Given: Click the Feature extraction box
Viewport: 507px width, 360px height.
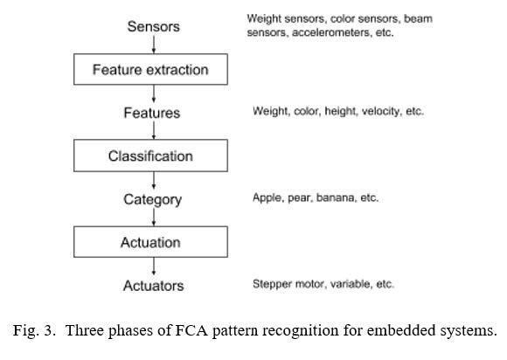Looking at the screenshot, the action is point(150,70).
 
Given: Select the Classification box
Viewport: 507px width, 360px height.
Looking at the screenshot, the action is point(150,156).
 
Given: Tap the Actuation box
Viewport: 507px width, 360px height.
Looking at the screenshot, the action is point(150,242).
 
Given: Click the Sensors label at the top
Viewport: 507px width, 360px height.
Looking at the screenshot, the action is point(153,26).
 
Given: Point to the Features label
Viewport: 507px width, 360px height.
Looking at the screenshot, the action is point(152,113).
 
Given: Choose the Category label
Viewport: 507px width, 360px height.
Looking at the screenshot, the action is point(153,200).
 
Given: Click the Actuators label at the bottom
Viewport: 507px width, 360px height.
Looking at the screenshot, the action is point(154,286).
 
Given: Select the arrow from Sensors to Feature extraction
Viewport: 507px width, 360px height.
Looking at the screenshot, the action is point(154,45).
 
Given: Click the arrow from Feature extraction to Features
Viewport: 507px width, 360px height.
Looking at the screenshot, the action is point(154,93).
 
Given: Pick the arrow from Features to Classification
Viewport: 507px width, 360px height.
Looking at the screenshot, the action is point(154,130).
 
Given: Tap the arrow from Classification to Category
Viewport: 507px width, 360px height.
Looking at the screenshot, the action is point(154,180).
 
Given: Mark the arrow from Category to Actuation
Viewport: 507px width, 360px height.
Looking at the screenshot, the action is point(154,218).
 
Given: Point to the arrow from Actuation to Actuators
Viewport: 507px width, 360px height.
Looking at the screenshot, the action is point(154,267).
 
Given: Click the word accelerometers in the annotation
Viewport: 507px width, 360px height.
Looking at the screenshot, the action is point(331,32).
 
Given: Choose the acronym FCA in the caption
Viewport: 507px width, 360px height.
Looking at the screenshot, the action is point(191,330).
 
